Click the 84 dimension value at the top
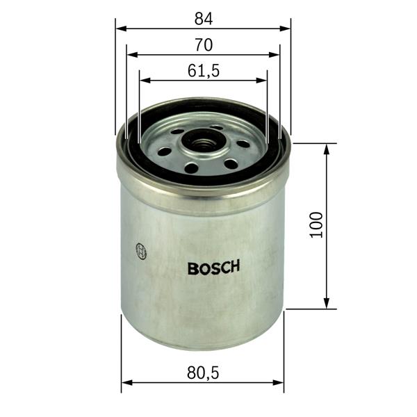(203, 17)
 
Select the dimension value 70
(203, 44)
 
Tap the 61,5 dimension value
(203, 70)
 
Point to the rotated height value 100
(316, 226)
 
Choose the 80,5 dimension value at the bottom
(203, 373)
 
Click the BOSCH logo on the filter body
(213, 268)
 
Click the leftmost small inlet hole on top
(165, 151)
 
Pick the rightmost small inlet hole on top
(243, 145)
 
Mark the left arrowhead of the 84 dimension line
(120, 29)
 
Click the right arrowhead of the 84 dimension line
(286, 29)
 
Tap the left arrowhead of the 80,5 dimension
(126, 382)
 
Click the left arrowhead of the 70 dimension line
(131, 55)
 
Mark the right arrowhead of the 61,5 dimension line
(263, 80)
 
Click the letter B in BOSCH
(193, 268)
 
